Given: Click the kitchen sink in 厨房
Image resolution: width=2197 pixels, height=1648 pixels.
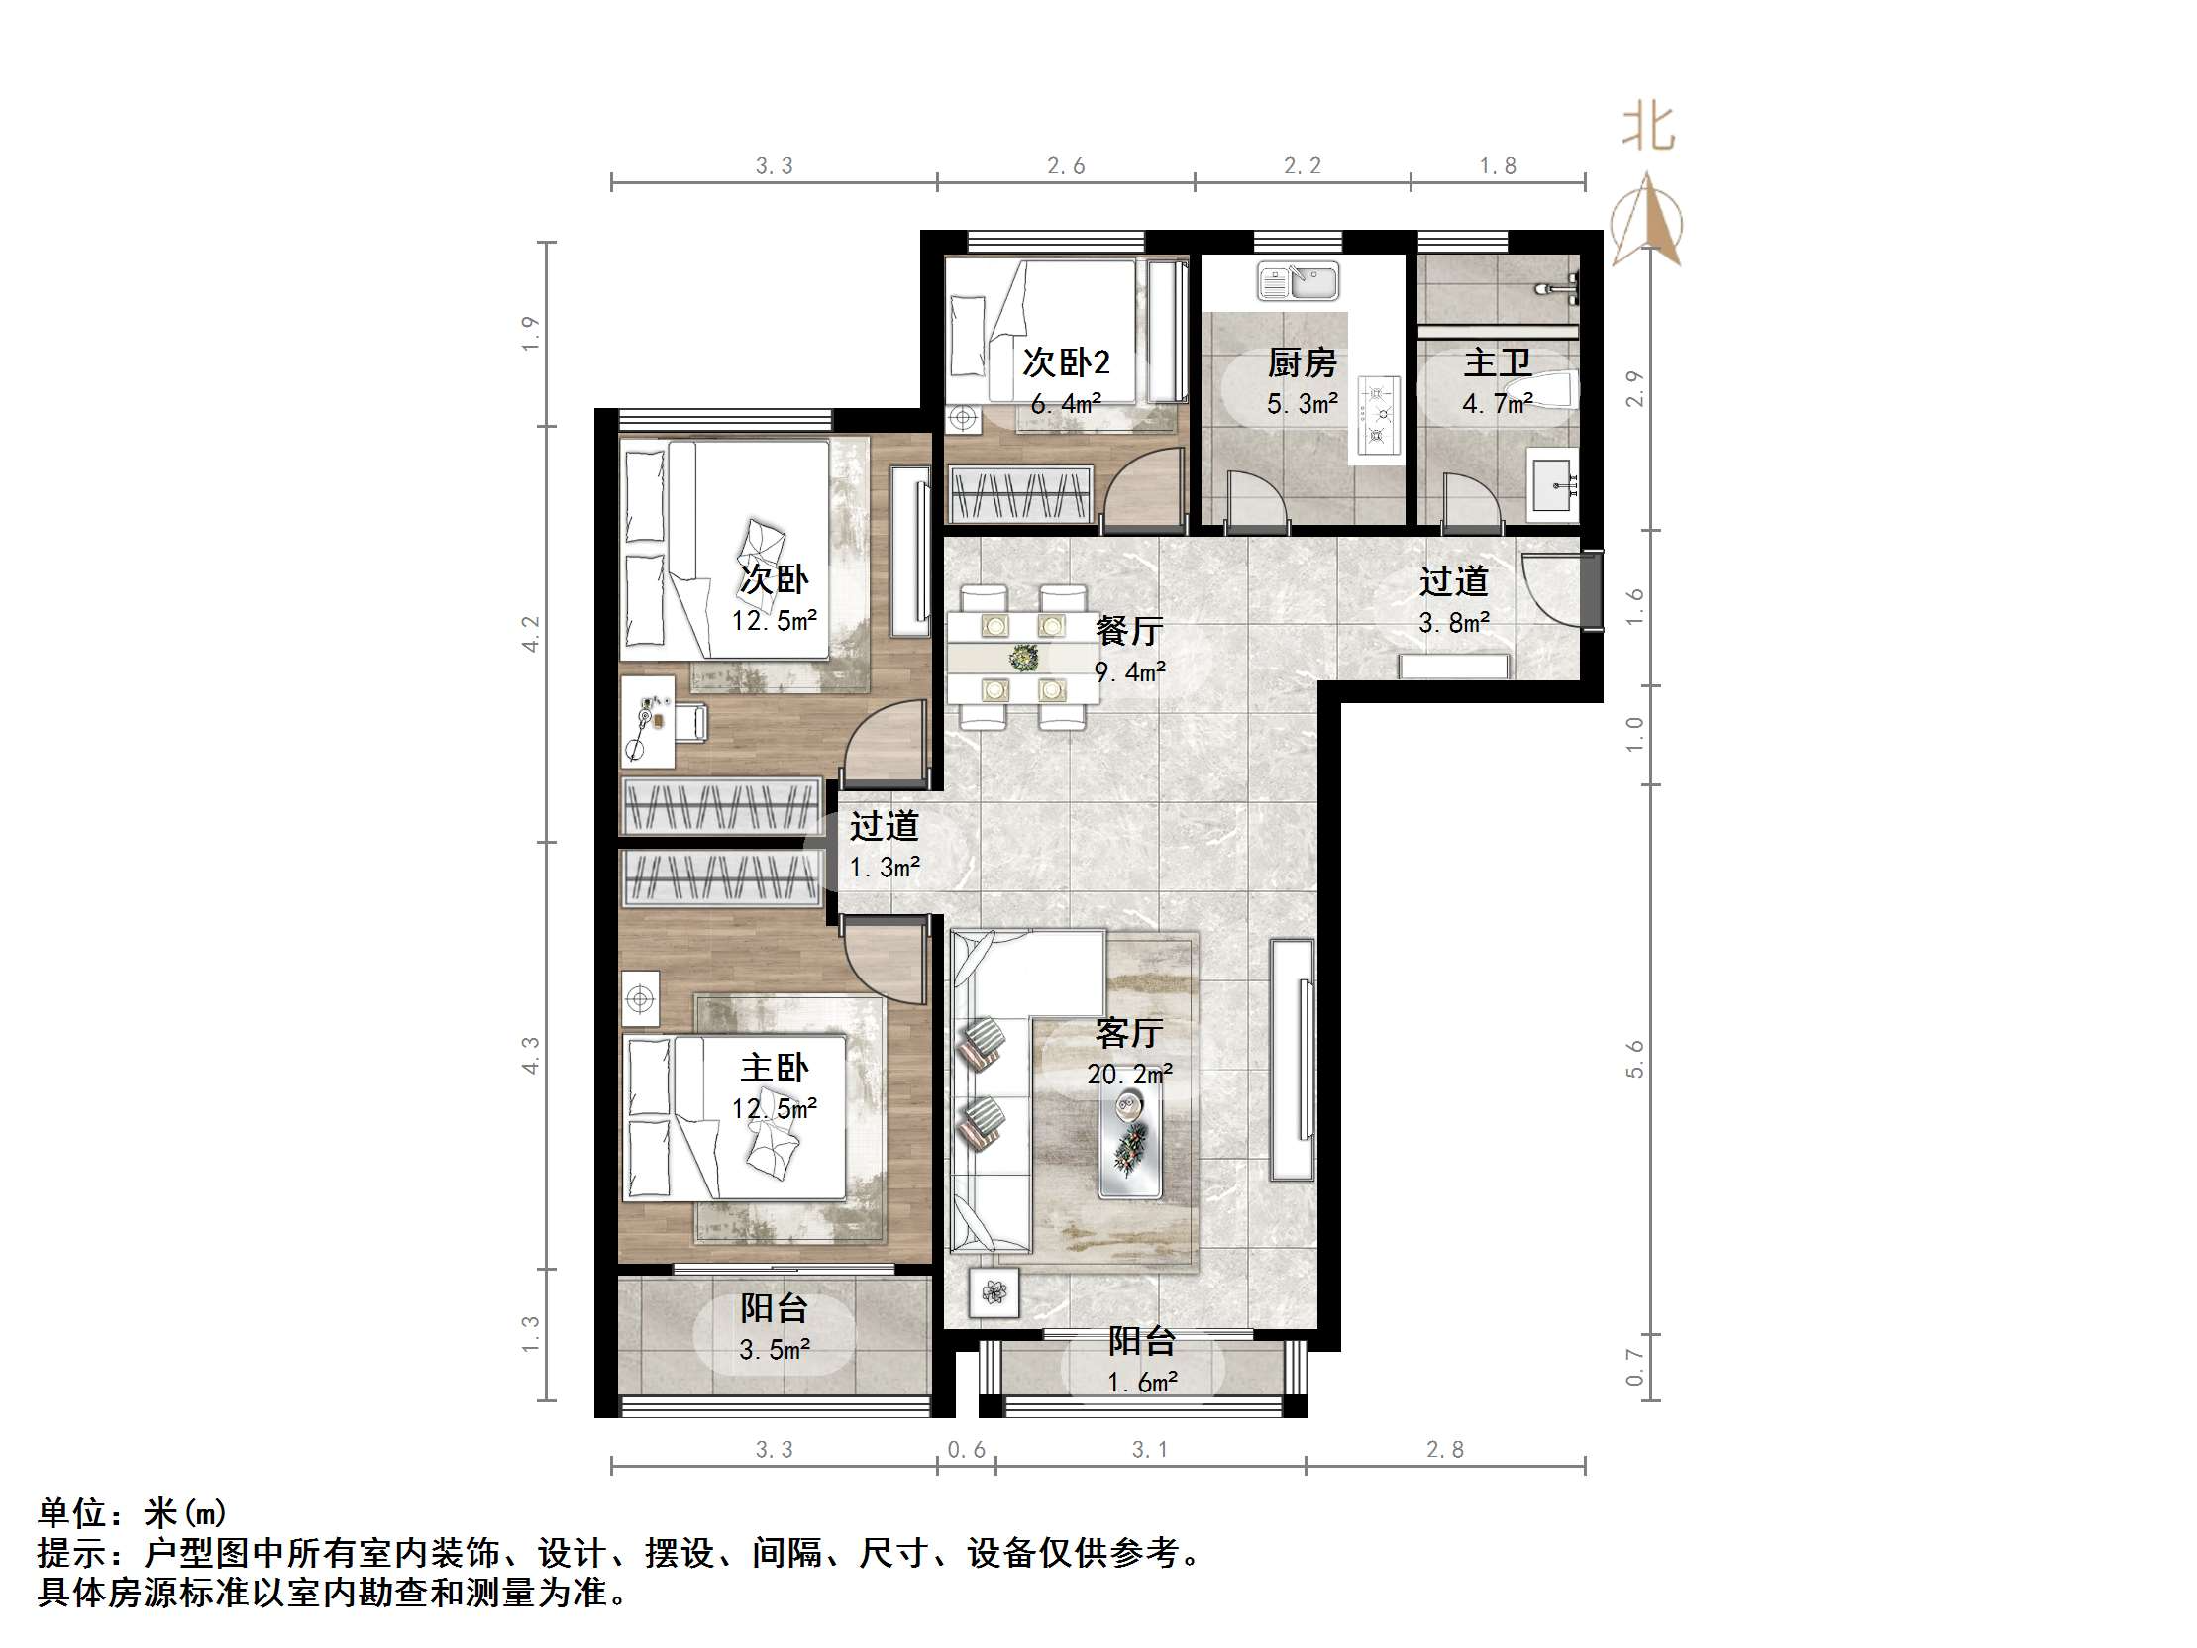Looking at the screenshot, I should click(x=1298, y=281).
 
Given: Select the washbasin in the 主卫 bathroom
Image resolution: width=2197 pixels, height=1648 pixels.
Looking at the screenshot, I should click(x=1552, y=485).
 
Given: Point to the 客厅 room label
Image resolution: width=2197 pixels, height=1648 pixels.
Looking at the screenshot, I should click(x=1129, y=1033).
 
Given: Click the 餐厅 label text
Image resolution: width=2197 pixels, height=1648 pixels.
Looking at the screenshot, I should click(x=1129, y=630).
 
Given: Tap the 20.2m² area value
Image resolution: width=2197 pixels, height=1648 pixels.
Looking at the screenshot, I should click(x=1129, y=1074).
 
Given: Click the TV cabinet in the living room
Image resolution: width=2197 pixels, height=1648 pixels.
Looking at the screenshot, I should click(x=1293, y=1060).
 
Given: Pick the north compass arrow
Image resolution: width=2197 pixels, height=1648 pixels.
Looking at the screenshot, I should click(x=1646, y=221).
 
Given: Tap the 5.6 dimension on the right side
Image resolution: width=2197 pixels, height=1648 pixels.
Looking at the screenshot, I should click(x=1634, y=1059).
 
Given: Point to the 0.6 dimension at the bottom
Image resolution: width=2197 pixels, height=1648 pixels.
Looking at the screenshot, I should click(x=966, y=1449).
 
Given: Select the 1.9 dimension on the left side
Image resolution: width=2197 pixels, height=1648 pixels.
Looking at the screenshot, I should click(x=529, y=333).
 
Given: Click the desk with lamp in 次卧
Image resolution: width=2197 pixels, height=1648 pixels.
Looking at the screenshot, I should click(x=648, y=722).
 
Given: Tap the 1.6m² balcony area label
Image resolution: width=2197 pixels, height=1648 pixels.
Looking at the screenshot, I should click(x=1142, y=1382).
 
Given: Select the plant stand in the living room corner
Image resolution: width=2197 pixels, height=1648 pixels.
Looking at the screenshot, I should click(x=994, y=1292).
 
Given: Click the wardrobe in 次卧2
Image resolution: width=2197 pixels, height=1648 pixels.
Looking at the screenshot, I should click(x=1020, y=493).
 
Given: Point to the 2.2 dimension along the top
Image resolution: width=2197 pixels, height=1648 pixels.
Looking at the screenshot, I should click(x=1302, y=166).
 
